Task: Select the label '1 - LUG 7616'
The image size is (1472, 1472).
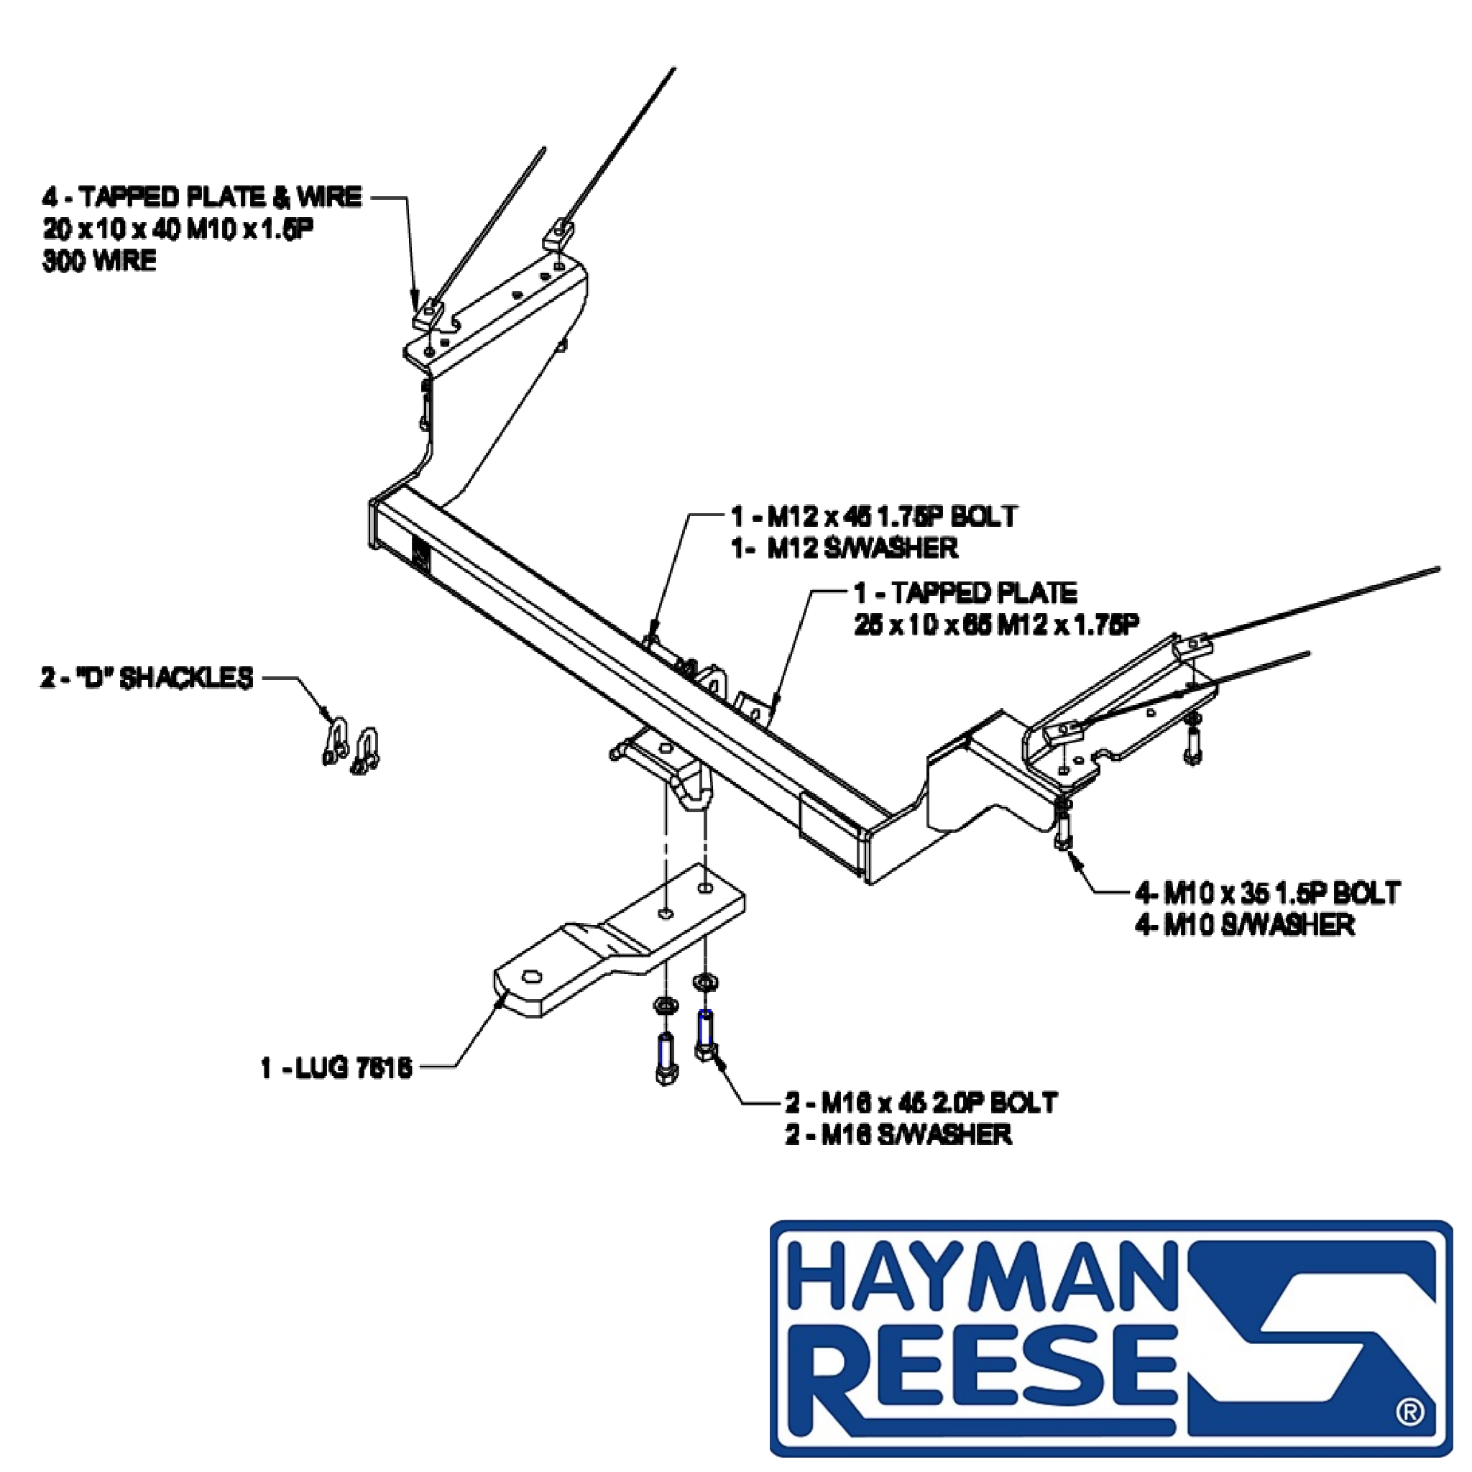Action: [336, 1068]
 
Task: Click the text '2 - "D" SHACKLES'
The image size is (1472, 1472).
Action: [147, 677]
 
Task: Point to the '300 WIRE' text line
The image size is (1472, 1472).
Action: [99, 262]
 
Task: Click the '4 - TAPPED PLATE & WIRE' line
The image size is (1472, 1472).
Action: [202, 198]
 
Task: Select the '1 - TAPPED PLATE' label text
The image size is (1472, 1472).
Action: [965, 592]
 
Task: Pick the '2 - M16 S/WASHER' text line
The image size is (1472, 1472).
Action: [899, 1134]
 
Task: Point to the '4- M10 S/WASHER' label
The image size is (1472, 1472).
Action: [1244, 925]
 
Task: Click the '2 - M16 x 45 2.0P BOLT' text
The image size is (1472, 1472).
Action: [921, 1103]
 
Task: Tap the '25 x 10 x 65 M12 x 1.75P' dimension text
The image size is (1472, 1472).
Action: [998, 624]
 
